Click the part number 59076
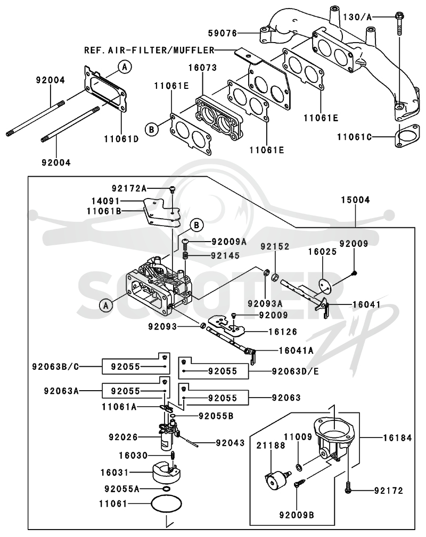tap(223, 33)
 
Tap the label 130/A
tap(357, 16)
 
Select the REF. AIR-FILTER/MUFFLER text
tap(150, 51)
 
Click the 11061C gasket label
tap(354, 137)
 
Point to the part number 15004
tap(356, 200)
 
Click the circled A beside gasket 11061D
tap(125, 67)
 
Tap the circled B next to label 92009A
tap(196, 225)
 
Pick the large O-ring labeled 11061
tap(166, 503)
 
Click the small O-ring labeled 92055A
tap(166, 489)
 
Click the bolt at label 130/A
tap(399, 23)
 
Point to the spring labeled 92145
tap(185, 255)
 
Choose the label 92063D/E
tap(295, 371)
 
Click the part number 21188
tap(271, 445)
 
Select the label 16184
tap(397, 437)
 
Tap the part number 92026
tap(123, 437)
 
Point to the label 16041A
tap(296, 350)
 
